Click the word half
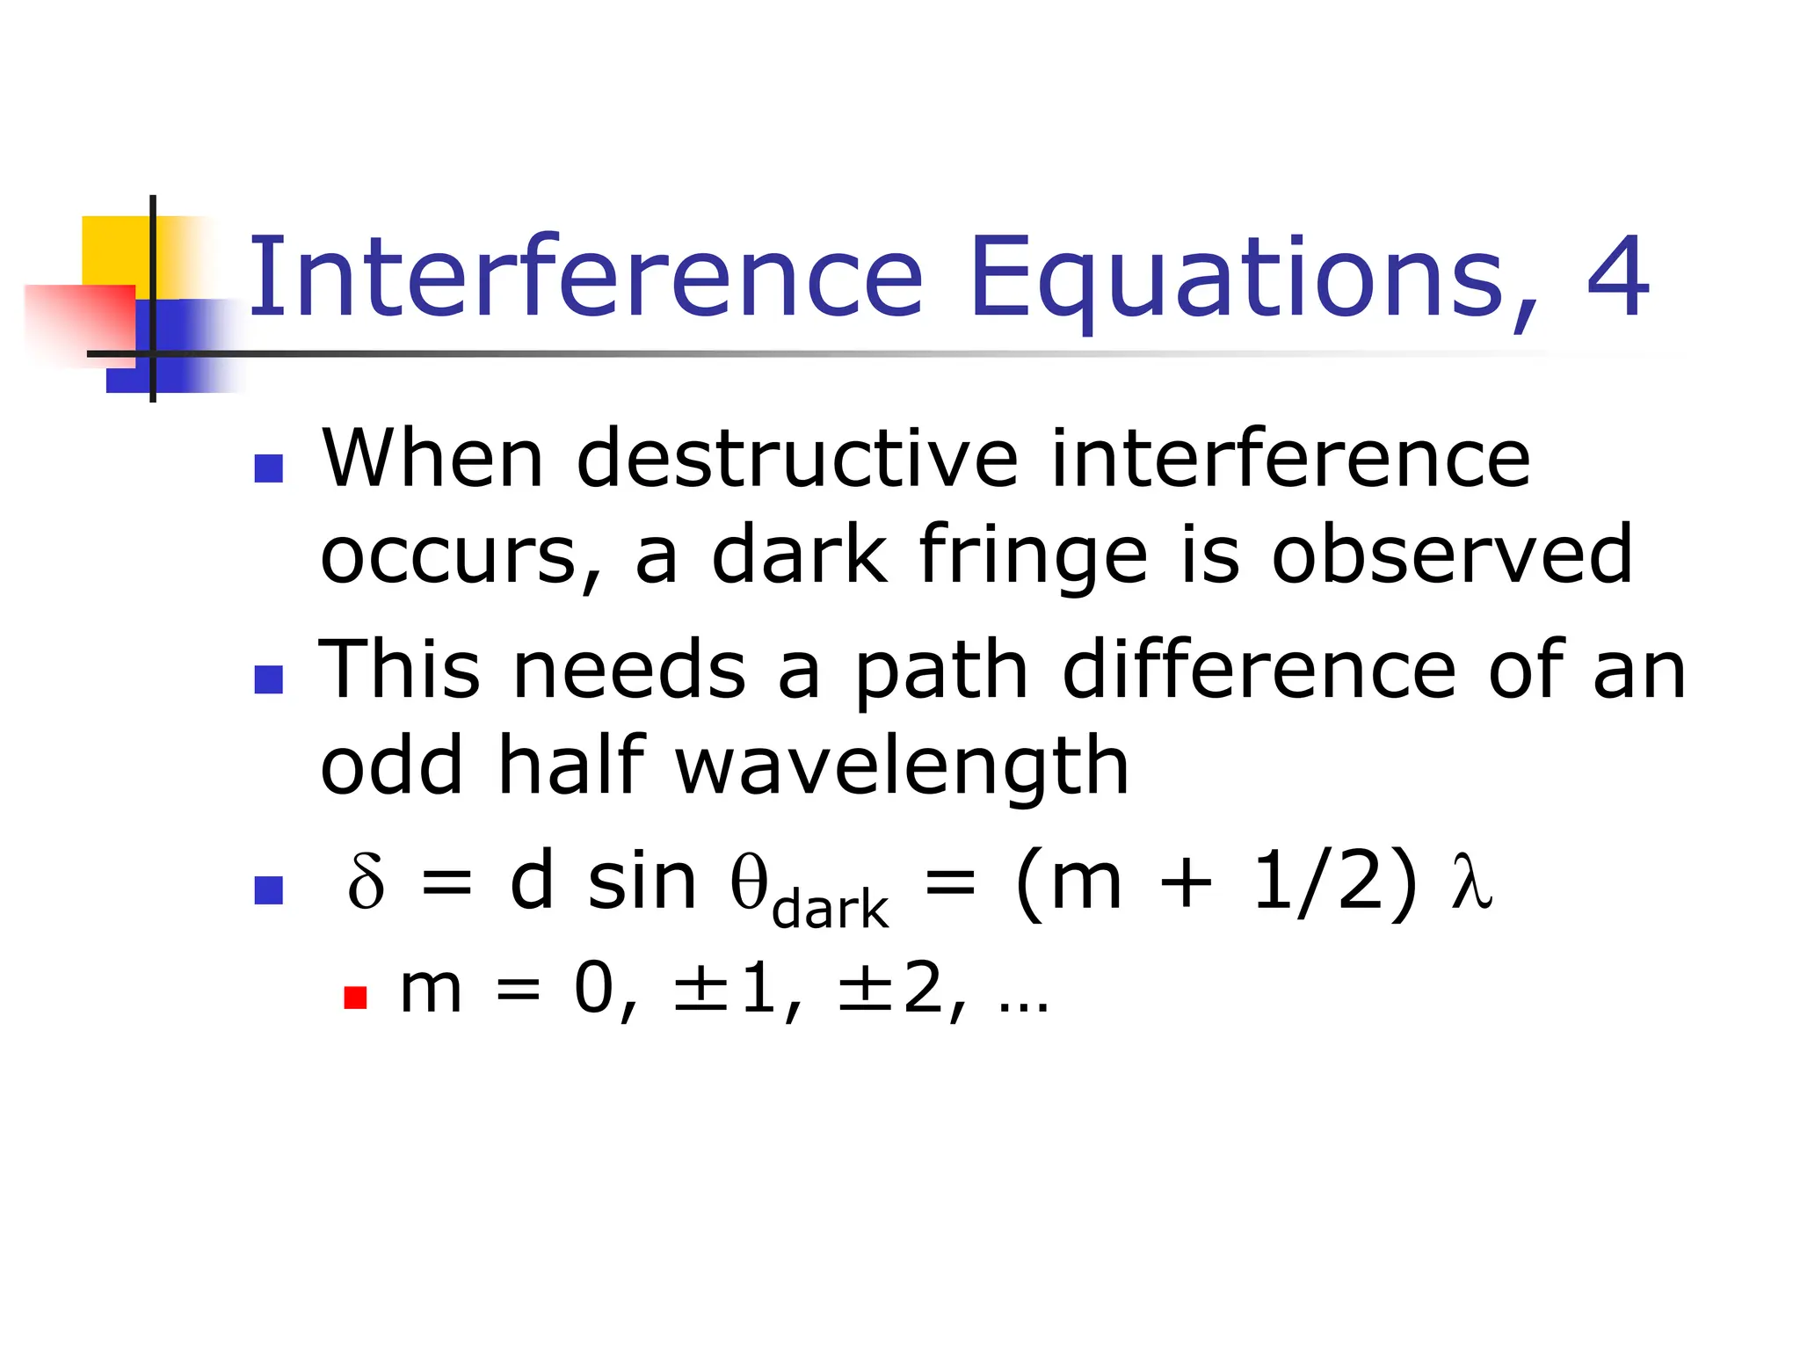tap(571, 765)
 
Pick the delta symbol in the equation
tap(366, 883)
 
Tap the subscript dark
tap(830, 910)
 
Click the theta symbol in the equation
tap(749, 882)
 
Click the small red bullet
tap(355, 998)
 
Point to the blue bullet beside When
tap(269, 468)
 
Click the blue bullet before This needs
tap(269, 679)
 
